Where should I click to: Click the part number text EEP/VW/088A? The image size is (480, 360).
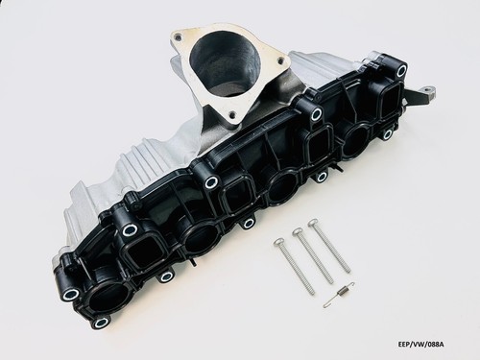tap(422, 344)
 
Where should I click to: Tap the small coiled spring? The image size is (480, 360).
tap(339, 296)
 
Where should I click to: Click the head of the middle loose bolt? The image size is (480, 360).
tap(298, 231)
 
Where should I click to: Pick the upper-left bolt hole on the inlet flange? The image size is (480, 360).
tap(179, 38)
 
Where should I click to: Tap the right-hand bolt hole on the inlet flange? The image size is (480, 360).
tap(280, 60)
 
